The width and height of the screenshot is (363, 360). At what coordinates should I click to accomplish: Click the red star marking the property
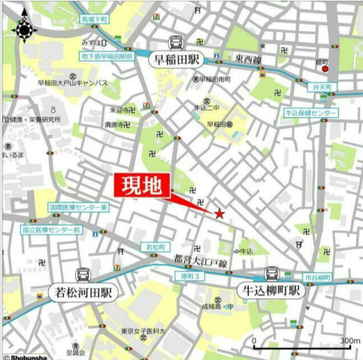click(x=219, y=214)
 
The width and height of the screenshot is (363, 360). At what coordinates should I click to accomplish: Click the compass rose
click(x=24, y=28)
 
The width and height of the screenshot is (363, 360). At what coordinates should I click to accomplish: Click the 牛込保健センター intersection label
click(x=310, y=112)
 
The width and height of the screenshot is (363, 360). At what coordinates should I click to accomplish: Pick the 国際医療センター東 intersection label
click(x=79, y=207)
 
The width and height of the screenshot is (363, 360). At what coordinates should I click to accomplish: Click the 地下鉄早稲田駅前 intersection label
click(x=107, y=56)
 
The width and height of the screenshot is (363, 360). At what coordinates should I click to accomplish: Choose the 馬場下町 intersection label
click(x=95, y=18)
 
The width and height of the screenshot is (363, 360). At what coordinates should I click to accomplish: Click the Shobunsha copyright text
click(x=27, y=356)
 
